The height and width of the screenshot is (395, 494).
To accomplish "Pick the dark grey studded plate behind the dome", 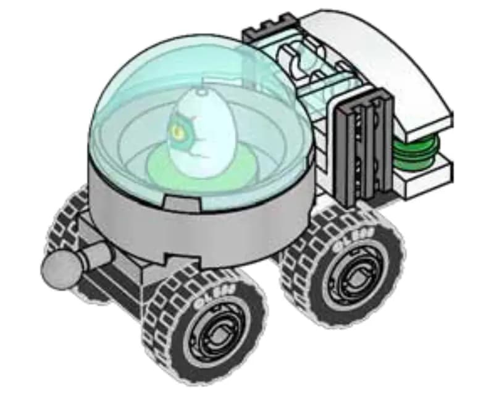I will (x=269, y=31).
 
